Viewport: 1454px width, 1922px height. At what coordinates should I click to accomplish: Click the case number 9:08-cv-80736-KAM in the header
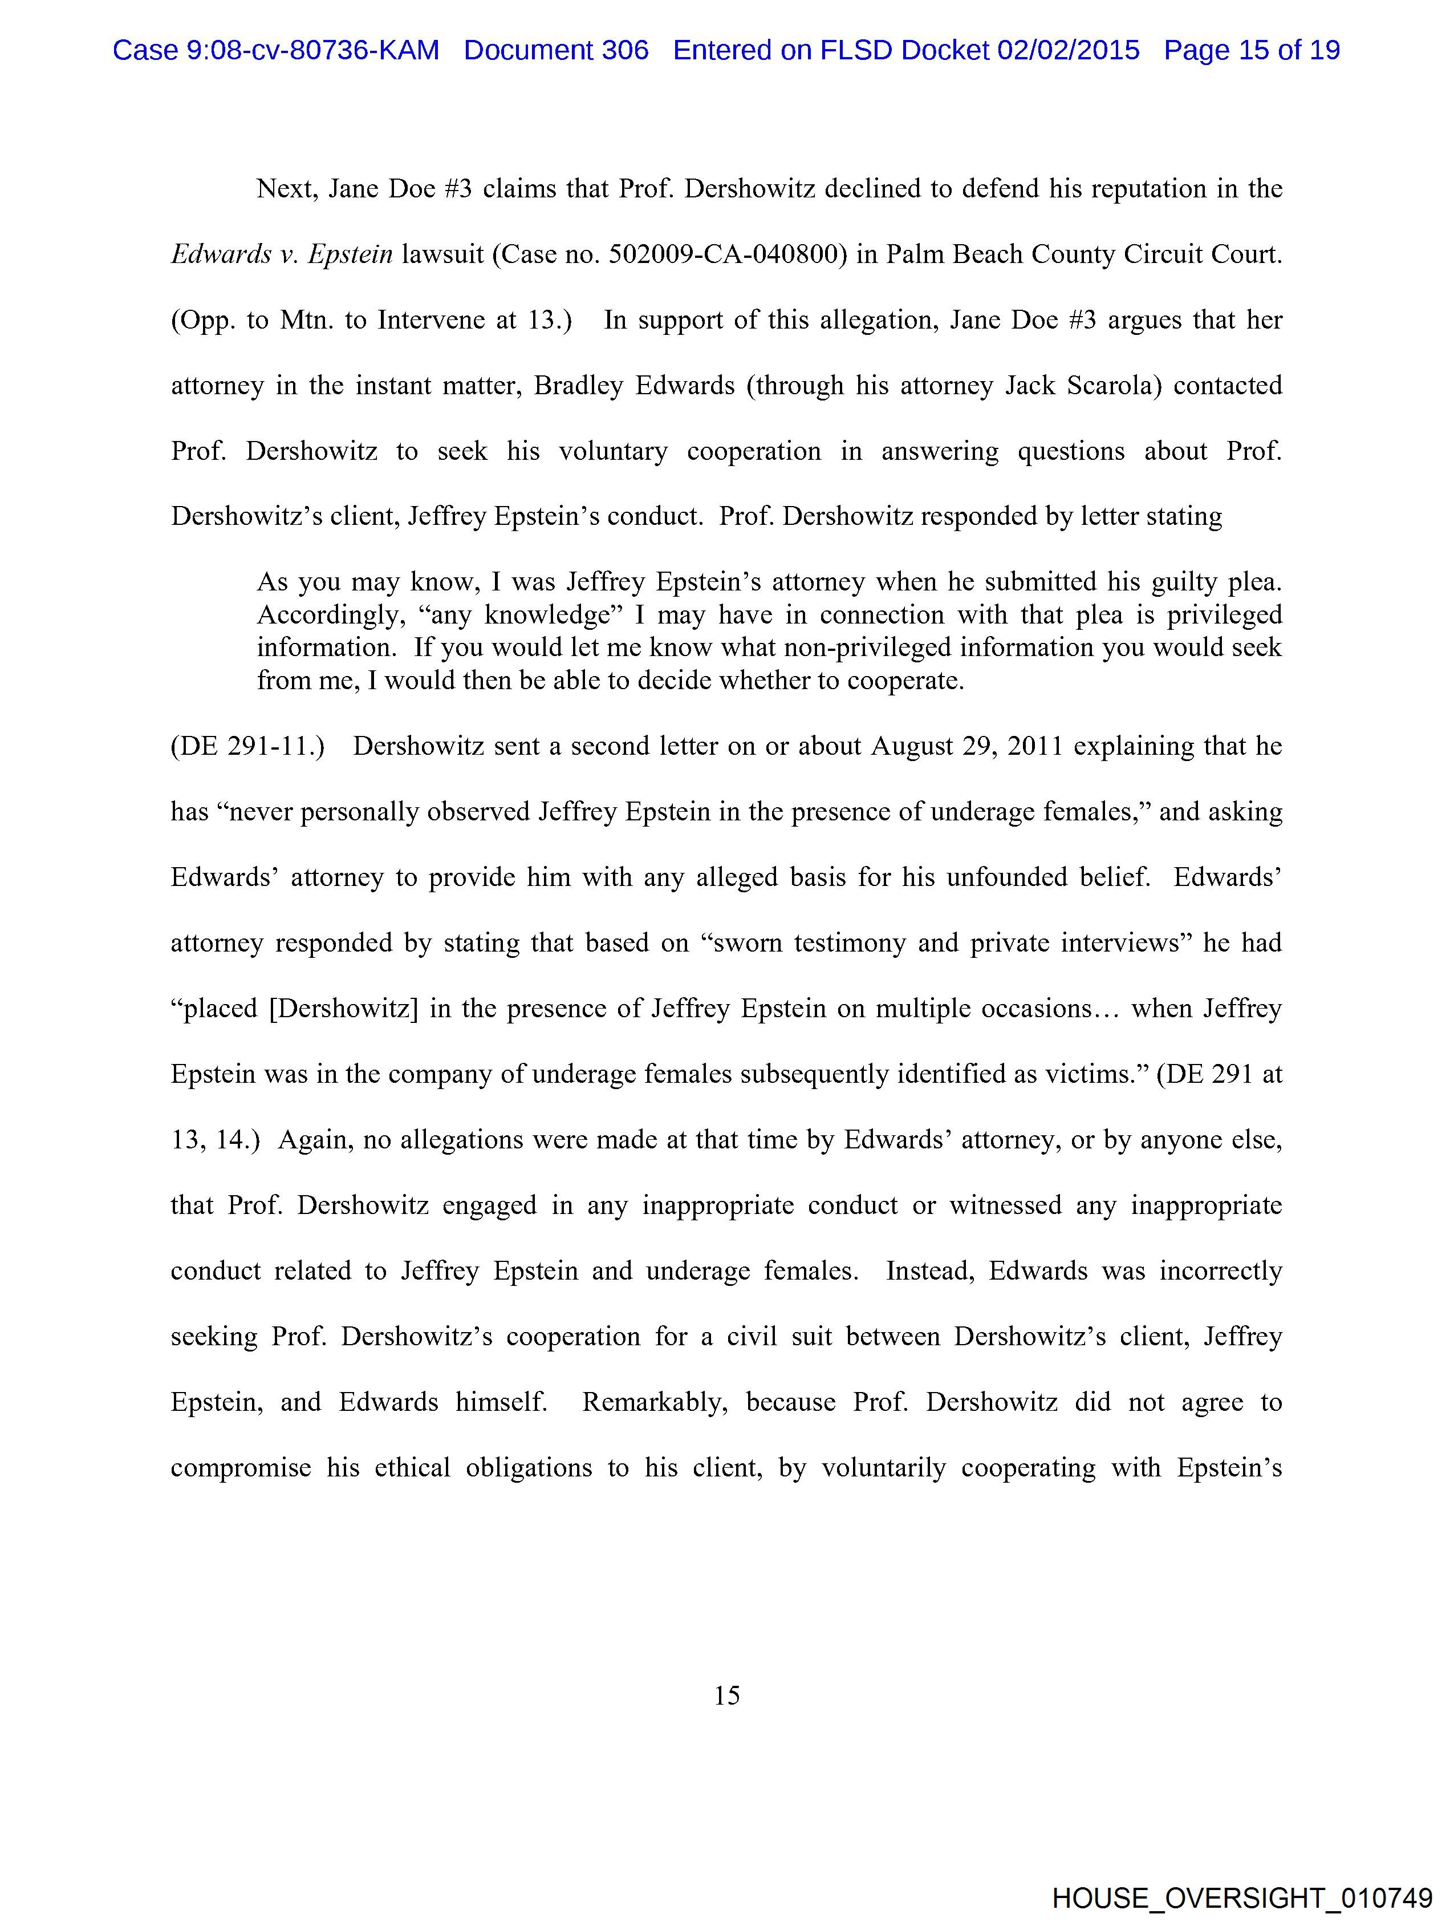tap(275, 50)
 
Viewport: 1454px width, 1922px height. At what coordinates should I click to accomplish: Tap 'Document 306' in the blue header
tap(556, 50)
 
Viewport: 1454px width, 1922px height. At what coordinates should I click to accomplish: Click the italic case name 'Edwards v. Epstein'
tap(282, 254)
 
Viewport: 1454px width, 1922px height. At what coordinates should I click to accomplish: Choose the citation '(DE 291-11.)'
tap(247, 746)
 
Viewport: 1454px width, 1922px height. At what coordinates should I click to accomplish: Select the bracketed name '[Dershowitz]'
tap(344, 1008)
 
